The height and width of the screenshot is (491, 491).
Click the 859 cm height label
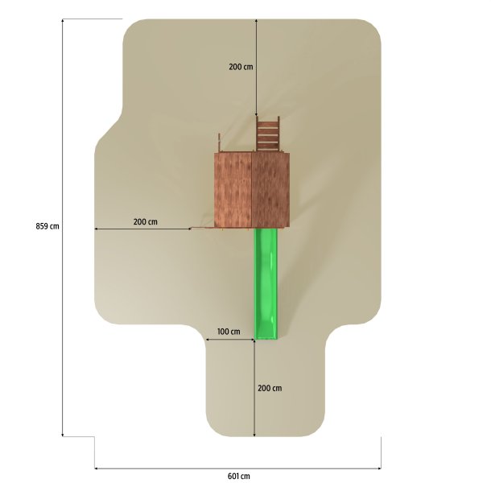(x=47, y=225)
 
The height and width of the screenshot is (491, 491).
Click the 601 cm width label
(x=238, y=476)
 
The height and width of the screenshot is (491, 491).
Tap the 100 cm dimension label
(x=229, y=332)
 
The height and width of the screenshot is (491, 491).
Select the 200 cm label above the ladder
(x=241, y=67)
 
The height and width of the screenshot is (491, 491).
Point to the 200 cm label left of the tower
(x=146, y=221)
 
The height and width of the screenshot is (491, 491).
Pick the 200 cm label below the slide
(x=270, y=388)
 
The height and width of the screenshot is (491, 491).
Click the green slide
(x=266, y=283)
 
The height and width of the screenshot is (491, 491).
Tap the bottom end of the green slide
(x=266, y=338)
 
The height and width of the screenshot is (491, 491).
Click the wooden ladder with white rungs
(x=268, y=134)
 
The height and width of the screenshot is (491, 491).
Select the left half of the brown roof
(x=233, y=190)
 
